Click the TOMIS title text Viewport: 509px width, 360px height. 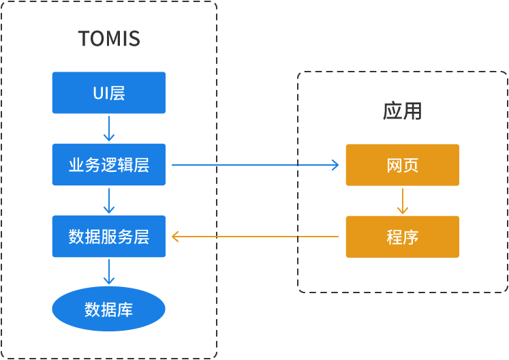point(109,39)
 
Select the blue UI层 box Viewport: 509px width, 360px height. point(109,93)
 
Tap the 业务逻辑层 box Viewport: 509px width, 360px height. point(109,164)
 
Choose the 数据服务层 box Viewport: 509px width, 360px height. point(109,237)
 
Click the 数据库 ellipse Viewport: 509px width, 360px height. point(109,310)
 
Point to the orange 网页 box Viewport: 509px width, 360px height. point(402,165)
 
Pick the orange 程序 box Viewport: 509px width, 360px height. point(402,237)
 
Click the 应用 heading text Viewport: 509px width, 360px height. point(402,111)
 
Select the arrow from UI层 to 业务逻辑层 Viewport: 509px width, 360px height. point(109,128)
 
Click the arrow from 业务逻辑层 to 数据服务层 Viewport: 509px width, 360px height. point(109,200)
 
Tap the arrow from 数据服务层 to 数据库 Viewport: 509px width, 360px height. point(109,272)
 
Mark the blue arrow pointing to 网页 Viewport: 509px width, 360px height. point(256,164)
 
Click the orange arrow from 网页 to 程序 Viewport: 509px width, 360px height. point(402,200)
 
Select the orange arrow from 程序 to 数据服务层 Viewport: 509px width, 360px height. point(256,237)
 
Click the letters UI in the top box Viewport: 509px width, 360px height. point(100,93)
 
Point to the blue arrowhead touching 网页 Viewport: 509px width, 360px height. point(335,164)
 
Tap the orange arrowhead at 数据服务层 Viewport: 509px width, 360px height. point(175,237)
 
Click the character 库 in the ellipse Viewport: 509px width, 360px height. point(125,310)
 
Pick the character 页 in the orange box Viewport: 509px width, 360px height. point(410,165)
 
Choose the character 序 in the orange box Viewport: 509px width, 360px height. point(410,237)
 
